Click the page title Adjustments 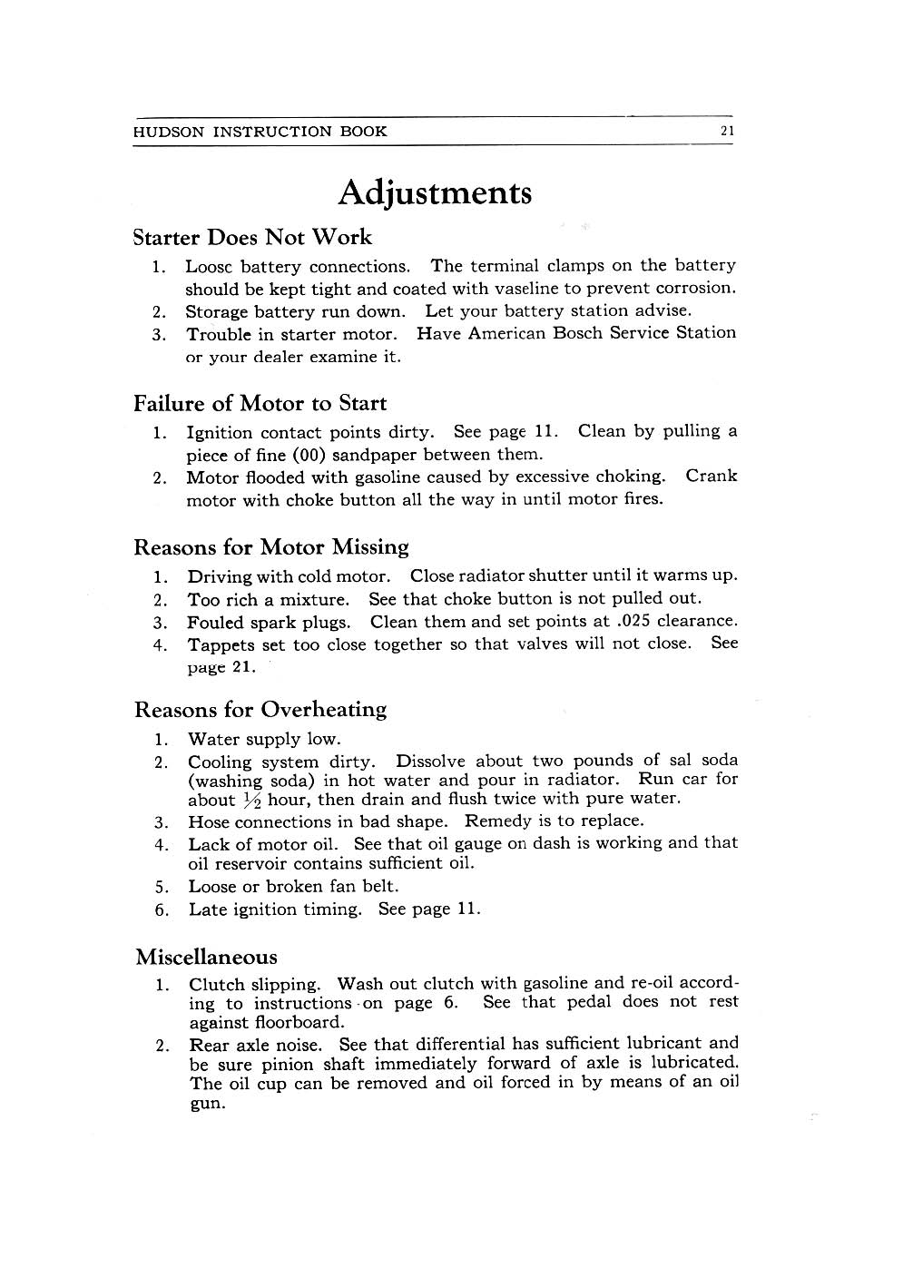(x=435, y=193)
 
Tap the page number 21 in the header (x=727, y=131)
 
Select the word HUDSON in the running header (x=169, y=132)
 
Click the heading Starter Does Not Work (x=252, y=238)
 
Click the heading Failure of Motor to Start (x=260, y=403)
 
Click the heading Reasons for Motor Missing (x=270, y=547)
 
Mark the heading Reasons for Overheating (x=260, y=710)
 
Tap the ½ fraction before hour (x=251, y=801)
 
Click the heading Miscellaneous (x=206, y=958)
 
